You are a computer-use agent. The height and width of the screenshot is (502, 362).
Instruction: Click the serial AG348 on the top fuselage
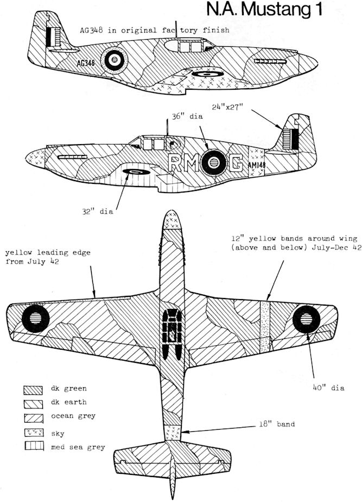[85, 63]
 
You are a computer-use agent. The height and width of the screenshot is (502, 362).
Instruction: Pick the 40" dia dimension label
[329, 387]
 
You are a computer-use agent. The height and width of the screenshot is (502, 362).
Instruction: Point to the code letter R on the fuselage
[175, 161]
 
